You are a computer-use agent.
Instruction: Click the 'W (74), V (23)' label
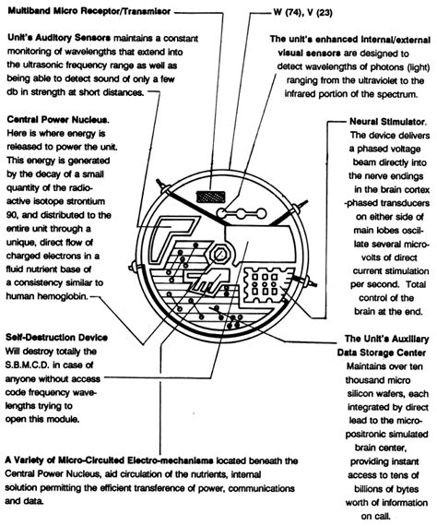pyautogui.click(x=317, y=13)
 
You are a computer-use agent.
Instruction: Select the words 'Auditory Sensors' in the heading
pyautogui.click(x=72, y=42)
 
